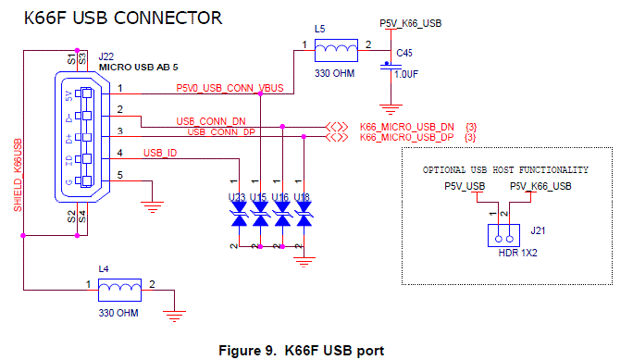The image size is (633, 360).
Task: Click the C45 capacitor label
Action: point(403,53)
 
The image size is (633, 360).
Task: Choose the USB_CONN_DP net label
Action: point(222,132)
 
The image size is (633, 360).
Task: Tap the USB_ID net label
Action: point(160,153)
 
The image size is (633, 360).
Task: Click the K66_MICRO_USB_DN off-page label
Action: point(406,127)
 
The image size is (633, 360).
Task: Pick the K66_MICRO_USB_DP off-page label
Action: point(406,138)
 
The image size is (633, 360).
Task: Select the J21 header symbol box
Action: point(498,234)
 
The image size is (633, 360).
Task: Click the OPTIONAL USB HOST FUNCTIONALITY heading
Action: point(505,170)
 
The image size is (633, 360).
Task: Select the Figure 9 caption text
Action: point(300,350)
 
